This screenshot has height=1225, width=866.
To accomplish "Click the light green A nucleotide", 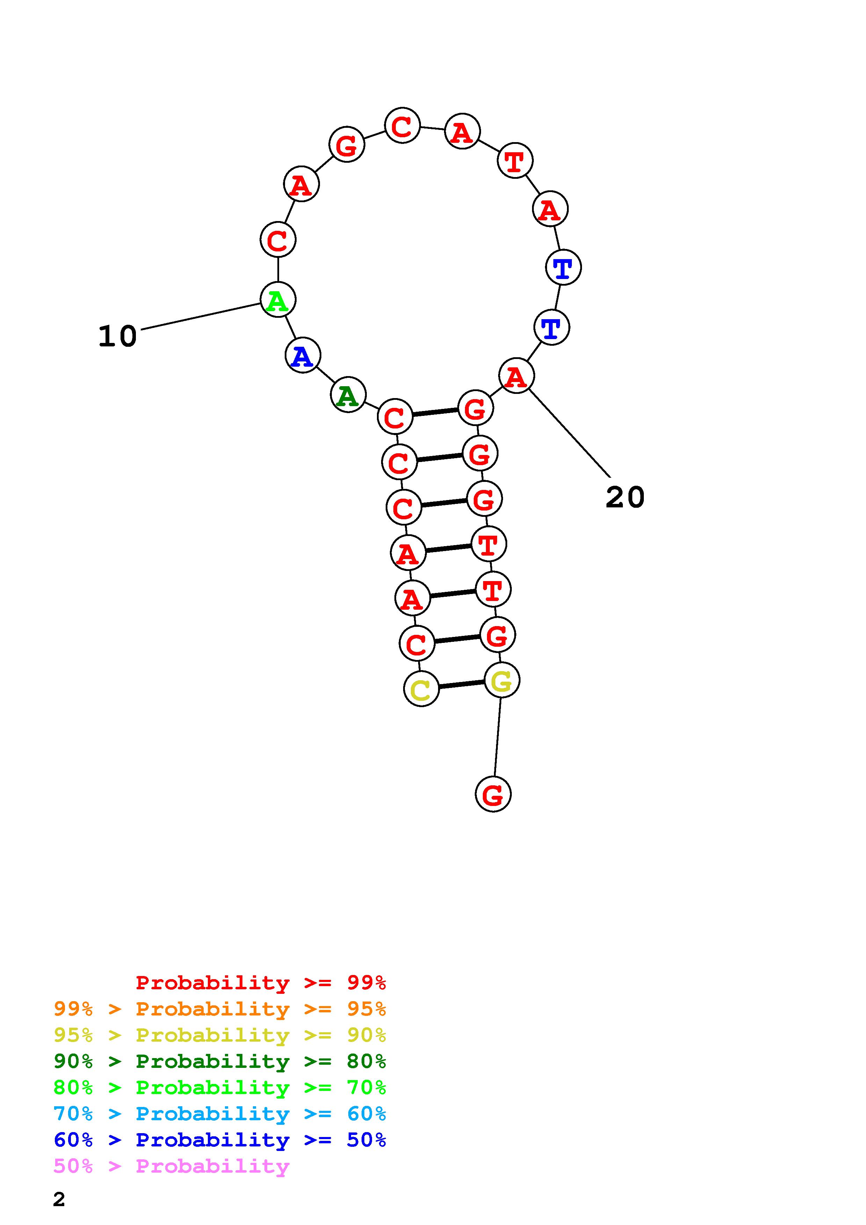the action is [x=277, y=300].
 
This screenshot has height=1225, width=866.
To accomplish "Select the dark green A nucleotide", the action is [x=348, y=395].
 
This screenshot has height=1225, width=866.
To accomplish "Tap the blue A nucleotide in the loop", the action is [x=303, y=356].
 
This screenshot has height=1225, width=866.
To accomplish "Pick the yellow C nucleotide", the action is [x=421, y=689].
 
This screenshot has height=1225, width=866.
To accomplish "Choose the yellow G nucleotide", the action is [x=502, y=680].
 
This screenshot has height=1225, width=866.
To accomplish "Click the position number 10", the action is [x=117, y=337].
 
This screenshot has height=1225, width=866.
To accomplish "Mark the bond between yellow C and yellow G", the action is [x=461, y=684].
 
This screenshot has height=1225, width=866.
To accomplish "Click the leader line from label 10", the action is [x=200, y=316].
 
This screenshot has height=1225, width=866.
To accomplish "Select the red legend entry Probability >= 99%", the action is [x=260, y=983].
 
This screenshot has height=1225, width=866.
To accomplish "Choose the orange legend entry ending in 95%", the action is [x=219, y=1009].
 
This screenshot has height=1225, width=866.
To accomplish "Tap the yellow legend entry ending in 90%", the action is [x=219, y=1035].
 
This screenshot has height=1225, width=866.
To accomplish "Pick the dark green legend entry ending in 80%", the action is [x=219, y=1061].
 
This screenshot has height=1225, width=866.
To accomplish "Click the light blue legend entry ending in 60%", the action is [x=219, y=1114].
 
